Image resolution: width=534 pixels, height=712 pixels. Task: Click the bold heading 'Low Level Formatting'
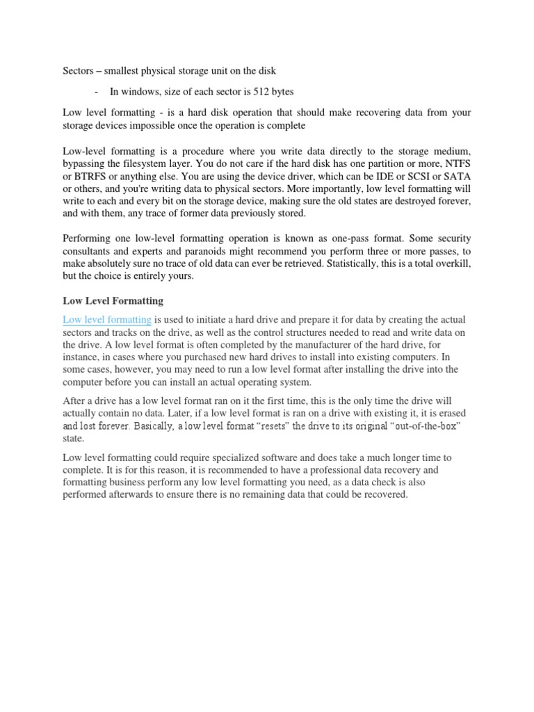click(113, 301)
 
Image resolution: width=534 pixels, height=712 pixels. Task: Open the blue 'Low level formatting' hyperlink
click(107, 319)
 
